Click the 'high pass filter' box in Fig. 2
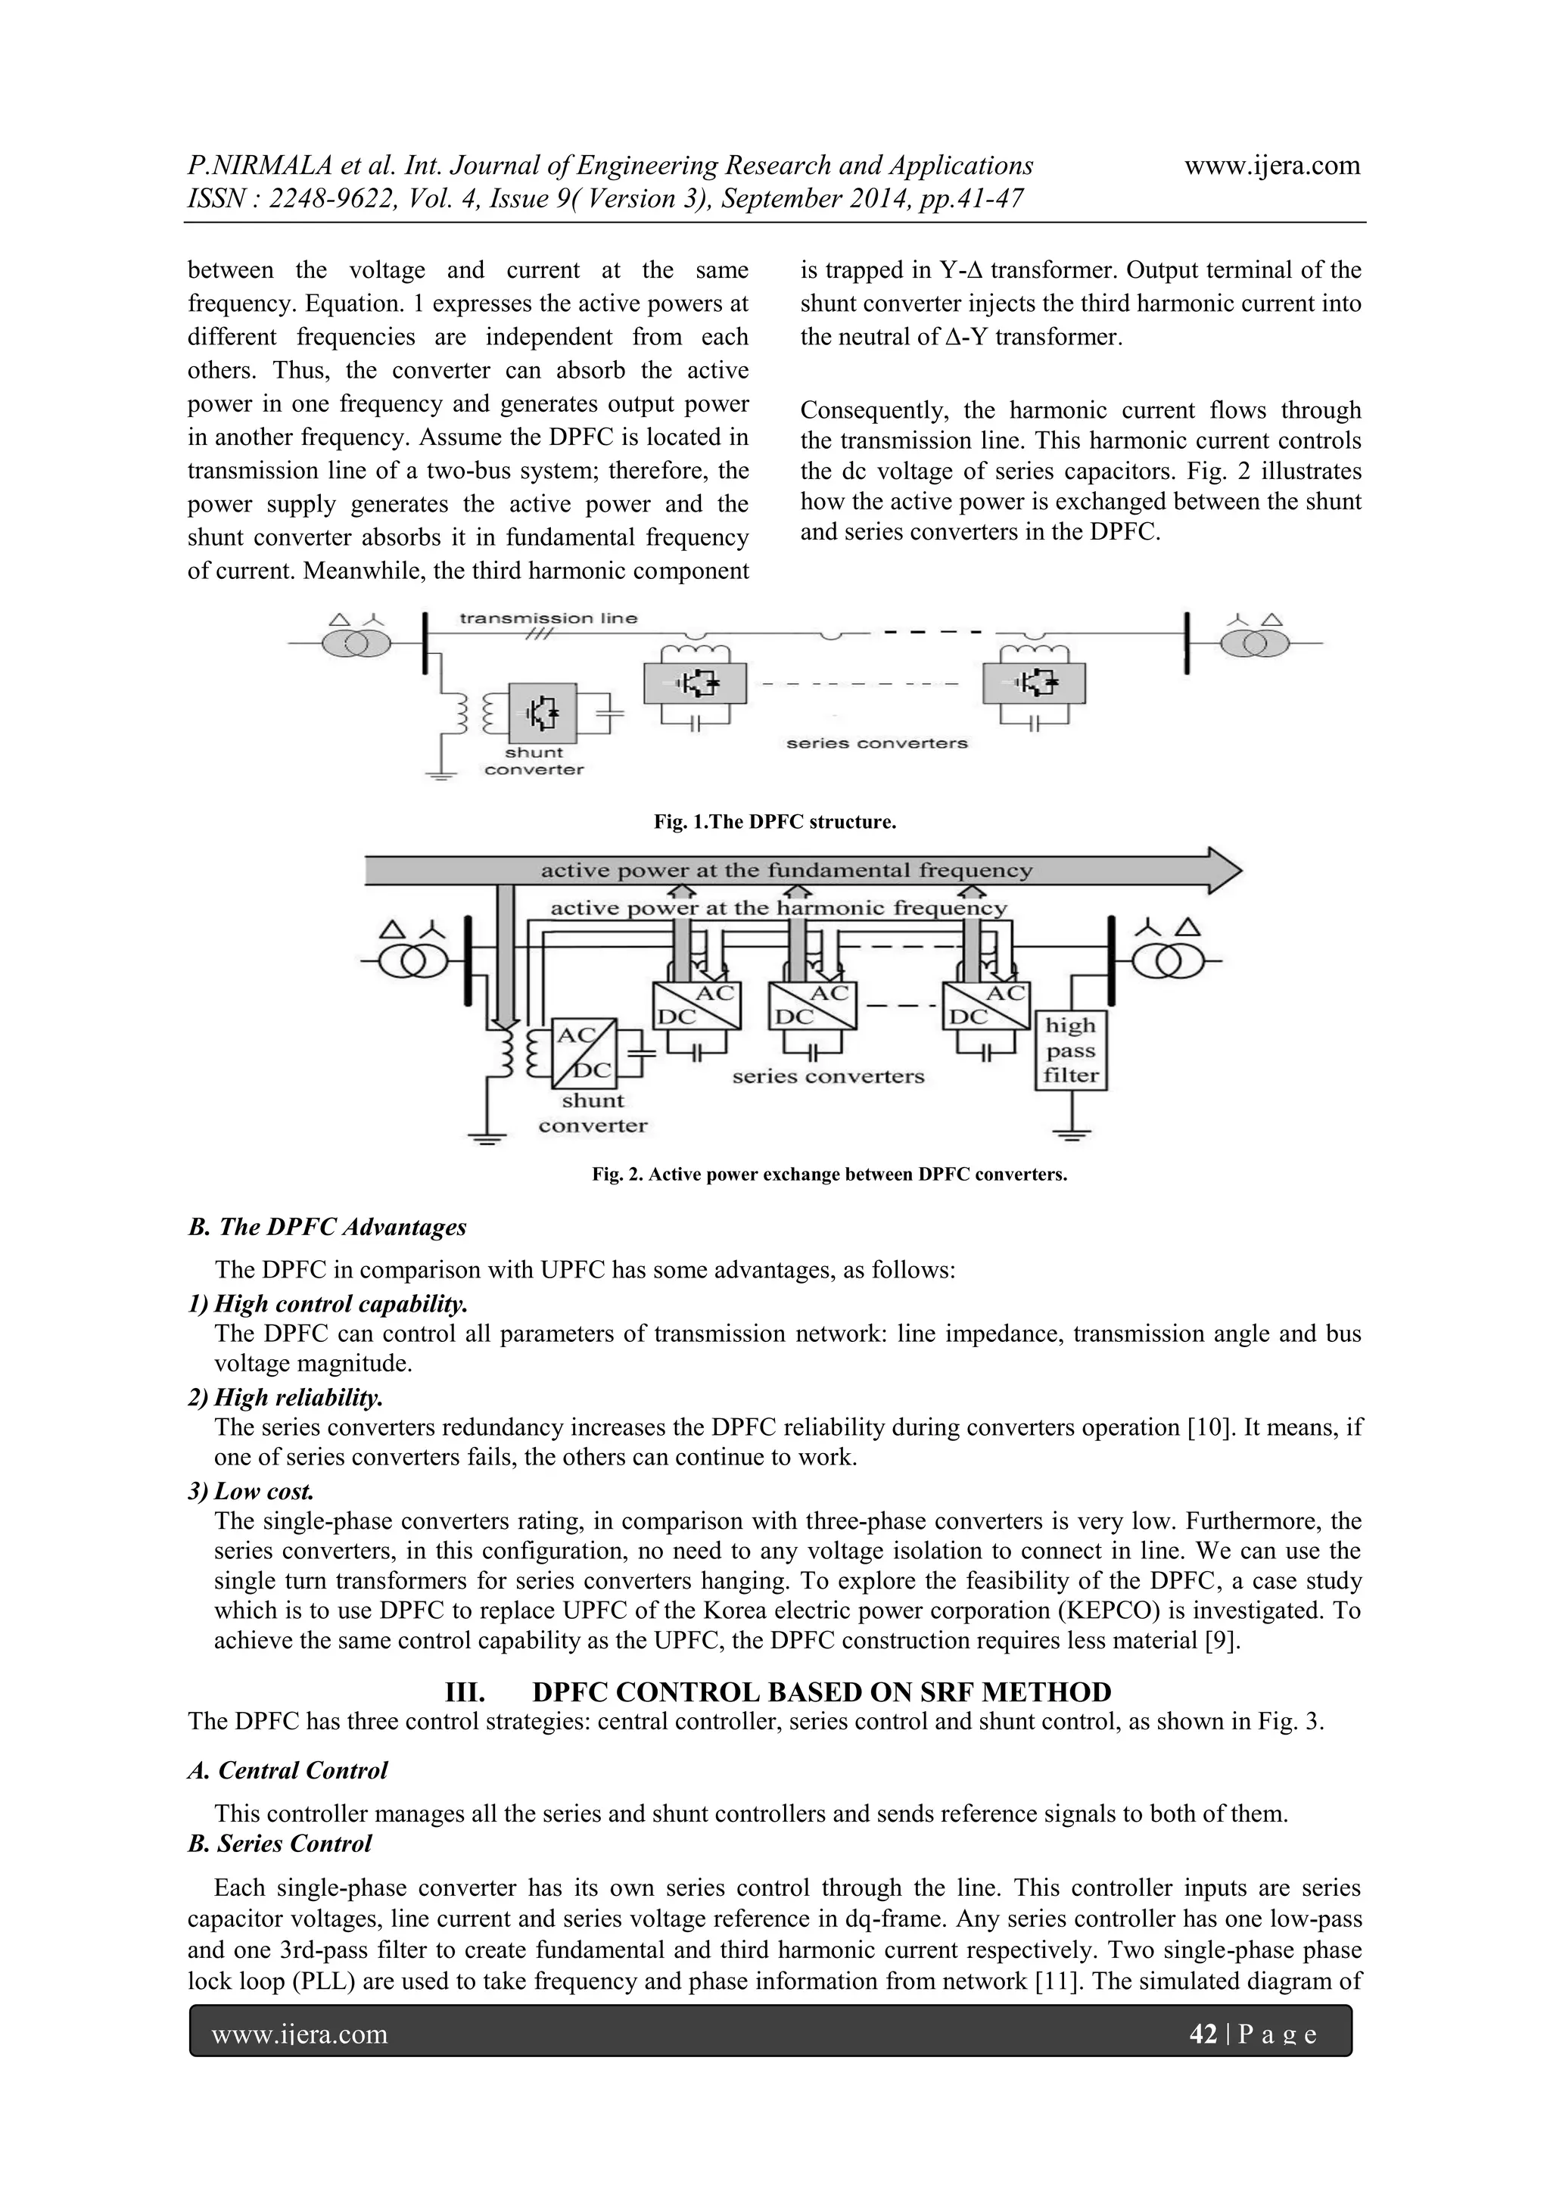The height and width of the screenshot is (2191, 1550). click(x=1071, y=1050)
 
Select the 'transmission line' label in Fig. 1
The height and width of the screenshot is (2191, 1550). click(x=548, y=618)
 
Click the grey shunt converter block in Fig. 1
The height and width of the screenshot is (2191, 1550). click(x=542, y=713)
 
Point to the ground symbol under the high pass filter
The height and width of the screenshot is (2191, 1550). click(x=1072, y=1134)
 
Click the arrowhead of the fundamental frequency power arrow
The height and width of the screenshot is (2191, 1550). click(x=1225, y=870)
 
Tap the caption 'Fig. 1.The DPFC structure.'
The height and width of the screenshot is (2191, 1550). click(x=774, y=822)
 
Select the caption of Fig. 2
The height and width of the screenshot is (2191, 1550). click(x=829, y=1174)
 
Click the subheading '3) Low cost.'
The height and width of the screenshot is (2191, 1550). click(x=251, y=1491)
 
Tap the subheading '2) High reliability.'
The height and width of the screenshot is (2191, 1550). click(x=285, y=1397)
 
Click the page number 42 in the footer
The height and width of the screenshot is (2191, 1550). click(x=1202, y=2034)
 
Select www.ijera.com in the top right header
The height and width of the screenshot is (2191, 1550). click(x=1271, y=165)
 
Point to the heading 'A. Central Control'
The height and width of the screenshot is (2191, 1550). click(x=288, y=1770)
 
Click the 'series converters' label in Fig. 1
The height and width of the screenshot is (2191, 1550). click(x=876, y=743)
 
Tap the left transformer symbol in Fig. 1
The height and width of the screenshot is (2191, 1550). click(x=355, y=644)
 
